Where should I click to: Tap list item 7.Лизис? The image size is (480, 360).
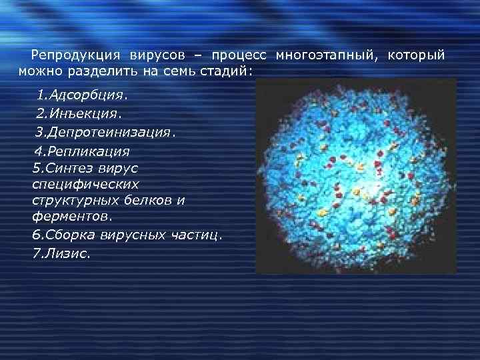point(60,254)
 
